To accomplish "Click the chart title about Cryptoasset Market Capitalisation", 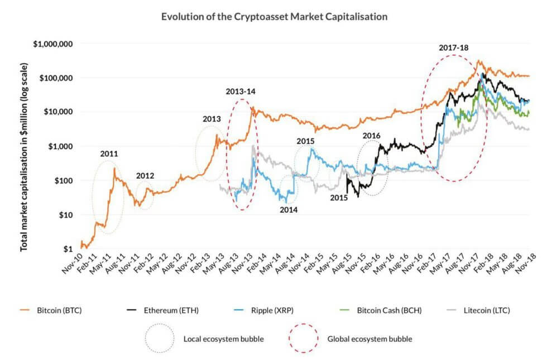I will tap(274, 17).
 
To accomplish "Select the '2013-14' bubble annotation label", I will tap(241, 91).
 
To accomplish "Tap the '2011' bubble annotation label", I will tap(109, 153).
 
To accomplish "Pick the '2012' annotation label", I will tap(145, 176).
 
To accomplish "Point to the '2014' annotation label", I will tap(289, 210).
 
